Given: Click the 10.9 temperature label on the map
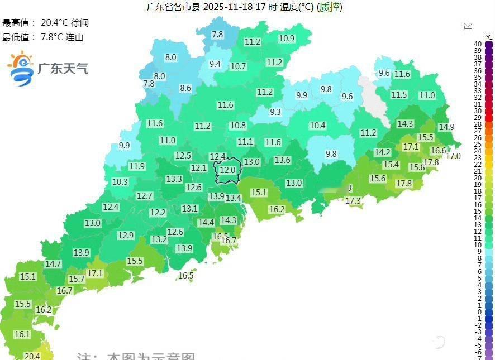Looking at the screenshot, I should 287,39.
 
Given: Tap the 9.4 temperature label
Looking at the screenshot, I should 215,64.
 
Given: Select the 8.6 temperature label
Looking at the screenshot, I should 185,88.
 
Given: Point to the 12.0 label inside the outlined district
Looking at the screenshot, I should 227,170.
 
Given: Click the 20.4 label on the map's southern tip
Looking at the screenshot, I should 32,356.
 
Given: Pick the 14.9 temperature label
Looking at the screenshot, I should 446,127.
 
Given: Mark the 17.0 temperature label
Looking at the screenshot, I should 453,156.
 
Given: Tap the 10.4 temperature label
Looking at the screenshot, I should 317,126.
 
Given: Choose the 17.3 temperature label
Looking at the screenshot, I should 353,200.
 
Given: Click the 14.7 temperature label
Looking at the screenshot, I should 53,263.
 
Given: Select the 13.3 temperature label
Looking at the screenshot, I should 174,179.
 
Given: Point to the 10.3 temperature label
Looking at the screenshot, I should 120,182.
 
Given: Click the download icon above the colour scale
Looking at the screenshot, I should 468,25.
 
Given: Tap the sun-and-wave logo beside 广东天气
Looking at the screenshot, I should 20,69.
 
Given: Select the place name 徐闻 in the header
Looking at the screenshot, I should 80,23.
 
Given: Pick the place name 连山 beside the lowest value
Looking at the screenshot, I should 75,37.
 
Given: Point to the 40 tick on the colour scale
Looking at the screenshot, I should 478,44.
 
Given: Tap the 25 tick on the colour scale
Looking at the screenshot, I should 478,144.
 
